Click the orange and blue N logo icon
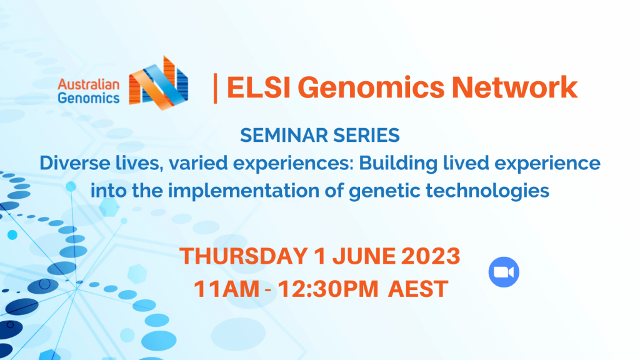[158, 83]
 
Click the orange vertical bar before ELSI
[216, 88]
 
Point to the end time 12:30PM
[323, 289]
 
